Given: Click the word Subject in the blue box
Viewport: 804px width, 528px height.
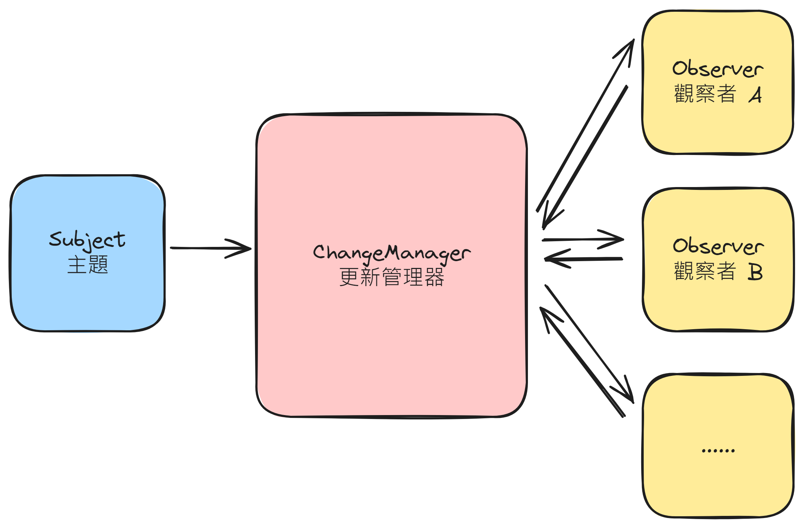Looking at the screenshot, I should click(87, 239).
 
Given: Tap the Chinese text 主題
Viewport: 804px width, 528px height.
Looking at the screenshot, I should click(88, 265).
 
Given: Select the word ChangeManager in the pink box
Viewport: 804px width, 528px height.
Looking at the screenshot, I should click(391, 253).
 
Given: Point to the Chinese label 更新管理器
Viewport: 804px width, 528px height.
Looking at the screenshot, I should click(391, 277).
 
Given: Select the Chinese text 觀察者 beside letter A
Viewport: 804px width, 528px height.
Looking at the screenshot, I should click(705, 94).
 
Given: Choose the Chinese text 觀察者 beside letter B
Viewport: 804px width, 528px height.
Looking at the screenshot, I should click(705, 271).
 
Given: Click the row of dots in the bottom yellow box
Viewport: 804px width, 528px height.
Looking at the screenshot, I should click(718, 451).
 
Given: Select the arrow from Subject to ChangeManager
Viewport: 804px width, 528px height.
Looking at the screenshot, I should click(210, 248).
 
